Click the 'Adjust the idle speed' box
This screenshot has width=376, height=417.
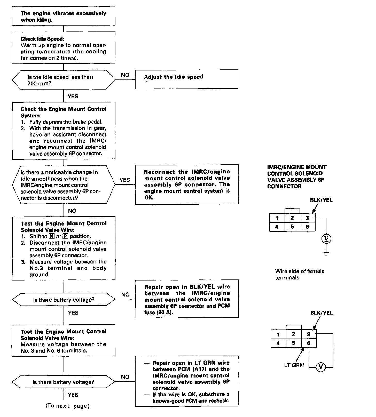coord(186,79)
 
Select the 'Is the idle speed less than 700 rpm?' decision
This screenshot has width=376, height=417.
coord(64,80)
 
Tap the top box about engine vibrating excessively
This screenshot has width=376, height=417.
coord(63,16)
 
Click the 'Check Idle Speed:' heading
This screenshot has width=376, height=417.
coord(42,39)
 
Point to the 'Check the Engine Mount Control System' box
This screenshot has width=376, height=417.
coord(64,131)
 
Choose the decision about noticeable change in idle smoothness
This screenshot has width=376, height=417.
coord(64,185)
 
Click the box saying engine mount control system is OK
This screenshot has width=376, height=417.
coord(187,185)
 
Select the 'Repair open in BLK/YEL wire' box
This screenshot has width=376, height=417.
coord(187,299)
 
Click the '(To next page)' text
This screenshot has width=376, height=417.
coord(68,406)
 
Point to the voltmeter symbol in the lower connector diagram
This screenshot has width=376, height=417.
coord(321,366)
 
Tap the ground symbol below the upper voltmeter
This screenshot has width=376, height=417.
coord(326,253)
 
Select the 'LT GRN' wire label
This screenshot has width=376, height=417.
coord(294,365)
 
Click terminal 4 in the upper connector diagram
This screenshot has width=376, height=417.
coord(277,227)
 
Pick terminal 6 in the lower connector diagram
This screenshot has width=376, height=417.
coord(309,343)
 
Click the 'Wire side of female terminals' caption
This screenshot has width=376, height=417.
coord(300,274)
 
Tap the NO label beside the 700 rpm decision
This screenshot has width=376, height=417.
coord(125,75)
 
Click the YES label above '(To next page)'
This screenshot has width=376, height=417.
coord(73,395)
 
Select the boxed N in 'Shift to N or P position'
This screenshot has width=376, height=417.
coord(52,236)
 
